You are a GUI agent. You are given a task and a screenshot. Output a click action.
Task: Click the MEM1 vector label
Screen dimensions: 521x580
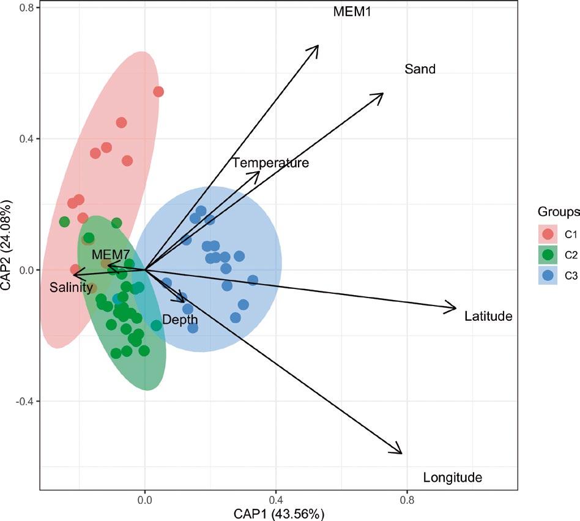[x=352, y=12]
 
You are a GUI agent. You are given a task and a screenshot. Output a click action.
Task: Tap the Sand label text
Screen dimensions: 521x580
[x=420, y=69]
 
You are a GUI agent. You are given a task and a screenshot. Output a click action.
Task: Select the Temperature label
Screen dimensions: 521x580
[x=270, y=163]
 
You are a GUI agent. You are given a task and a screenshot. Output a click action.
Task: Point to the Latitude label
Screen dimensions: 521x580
[x=488, y=317]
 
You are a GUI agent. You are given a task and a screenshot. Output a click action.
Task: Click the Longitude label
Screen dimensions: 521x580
[x=453, y=478]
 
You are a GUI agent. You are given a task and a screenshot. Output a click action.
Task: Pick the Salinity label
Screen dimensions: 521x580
[x=72, y=287]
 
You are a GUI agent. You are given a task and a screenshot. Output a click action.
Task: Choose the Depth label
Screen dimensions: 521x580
[x=180, y=320]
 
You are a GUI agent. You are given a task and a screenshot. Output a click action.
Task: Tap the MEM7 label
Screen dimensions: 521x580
[x=110, y=254]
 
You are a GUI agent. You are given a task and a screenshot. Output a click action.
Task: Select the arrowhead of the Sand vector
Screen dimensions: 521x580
[x=382, y=94]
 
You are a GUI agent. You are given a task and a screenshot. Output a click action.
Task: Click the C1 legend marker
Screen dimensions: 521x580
[x=548, y=233]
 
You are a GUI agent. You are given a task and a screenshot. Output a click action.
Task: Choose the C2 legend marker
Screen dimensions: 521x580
[x=548, y=254]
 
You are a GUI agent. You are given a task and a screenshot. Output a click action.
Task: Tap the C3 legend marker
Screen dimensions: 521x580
[x=548, y=275]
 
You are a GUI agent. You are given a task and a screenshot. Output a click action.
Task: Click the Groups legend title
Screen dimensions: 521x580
[x=559, y=212]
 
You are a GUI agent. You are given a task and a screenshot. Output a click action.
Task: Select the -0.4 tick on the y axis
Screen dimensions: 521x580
[x=23, y=401]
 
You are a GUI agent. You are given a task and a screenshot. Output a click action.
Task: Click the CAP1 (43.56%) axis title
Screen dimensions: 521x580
[x=278, y=513]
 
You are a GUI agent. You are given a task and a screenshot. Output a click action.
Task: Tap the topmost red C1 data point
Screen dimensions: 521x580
[x=158, y=92]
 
